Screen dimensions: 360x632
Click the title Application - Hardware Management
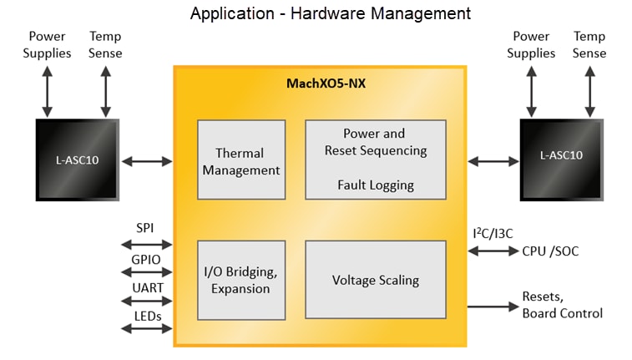pos(330,14)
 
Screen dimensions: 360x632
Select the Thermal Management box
pos(241,160)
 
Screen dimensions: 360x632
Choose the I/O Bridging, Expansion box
pos(241,280)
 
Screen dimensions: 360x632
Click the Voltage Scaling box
pos(373,280)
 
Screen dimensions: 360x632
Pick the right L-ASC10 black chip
pos(560,159)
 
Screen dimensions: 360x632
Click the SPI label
pos(146,228)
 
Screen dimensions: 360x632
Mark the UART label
pos(146,287)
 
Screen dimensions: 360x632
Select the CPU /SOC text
pos(550,251)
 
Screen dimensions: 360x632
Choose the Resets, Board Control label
pos(562,305)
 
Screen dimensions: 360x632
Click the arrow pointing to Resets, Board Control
pos(492,307)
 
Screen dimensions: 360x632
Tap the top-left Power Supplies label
pos(47,44)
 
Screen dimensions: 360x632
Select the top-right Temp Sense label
pos(589,44)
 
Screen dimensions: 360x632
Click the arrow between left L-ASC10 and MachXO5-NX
pos(146,160)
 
